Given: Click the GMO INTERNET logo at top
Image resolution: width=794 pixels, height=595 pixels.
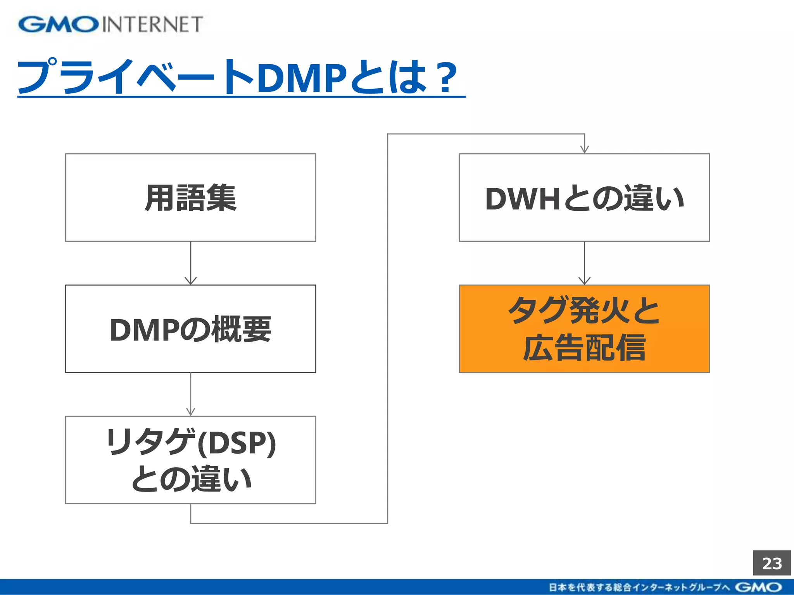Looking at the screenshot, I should click(x=110, y=24).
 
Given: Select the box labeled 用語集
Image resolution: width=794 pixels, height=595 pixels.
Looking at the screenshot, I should click(x=190, y=198).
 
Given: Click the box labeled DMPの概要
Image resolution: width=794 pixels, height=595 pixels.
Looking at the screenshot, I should click(x=190, y=329).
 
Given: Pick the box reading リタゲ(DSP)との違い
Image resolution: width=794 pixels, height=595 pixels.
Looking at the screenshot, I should click(x=190, y=460).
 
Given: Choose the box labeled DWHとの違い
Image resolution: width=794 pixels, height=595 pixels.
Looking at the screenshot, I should click(x=584, y=198).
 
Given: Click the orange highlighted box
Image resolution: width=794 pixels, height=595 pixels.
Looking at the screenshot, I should click(x=584, y=329).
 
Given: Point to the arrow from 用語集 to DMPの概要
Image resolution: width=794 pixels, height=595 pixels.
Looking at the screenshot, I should click(x=190, y=263).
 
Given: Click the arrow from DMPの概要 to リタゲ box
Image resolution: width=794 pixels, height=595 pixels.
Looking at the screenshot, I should click(x=190, y=394).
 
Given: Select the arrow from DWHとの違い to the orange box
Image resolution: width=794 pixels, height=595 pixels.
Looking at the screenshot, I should click(x=584, y=263).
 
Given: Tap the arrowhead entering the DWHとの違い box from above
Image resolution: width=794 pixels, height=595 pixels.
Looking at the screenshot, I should click(x=584, y=149).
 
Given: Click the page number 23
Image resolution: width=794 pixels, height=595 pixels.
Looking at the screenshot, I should click(x=772, y=563).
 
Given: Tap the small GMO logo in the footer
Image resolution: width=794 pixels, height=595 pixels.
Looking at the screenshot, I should click(x=758, y=587).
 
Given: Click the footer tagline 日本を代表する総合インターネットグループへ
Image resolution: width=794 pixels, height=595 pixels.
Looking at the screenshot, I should click(x=640, y=587).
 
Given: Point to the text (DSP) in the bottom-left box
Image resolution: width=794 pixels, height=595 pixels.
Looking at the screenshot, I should click(x=236, y=443).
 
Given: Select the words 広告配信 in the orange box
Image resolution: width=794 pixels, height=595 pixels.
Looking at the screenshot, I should click(x=584, y=347).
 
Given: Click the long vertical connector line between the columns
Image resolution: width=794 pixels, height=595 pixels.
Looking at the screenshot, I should click(x=388, y=329).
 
